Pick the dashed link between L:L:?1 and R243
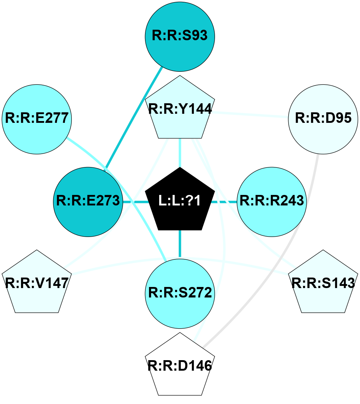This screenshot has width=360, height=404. tap(225, 201)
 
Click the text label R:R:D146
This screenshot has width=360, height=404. tap(180, 366)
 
